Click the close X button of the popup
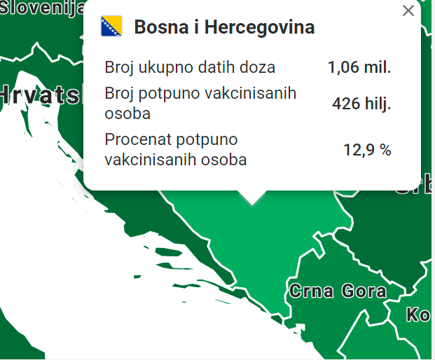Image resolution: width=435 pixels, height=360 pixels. (408, 11)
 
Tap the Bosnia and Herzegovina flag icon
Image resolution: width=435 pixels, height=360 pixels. (112, 27)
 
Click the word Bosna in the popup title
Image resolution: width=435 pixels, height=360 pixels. (159, 27)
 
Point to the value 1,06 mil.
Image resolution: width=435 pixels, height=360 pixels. (359, 68)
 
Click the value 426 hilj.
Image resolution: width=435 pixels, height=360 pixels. (361, 104)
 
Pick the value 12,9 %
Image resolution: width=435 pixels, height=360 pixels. (367, 149)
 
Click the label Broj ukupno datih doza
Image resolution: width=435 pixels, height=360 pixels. (190, 68)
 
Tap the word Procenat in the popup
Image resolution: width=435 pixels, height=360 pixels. (134, 139)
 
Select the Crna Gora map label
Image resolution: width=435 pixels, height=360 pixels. (338, 291)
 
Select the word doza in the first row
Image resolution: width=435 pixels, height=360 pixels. (258, 68)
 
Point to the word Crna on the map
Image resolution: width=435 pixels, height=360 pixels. (311, 291)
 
